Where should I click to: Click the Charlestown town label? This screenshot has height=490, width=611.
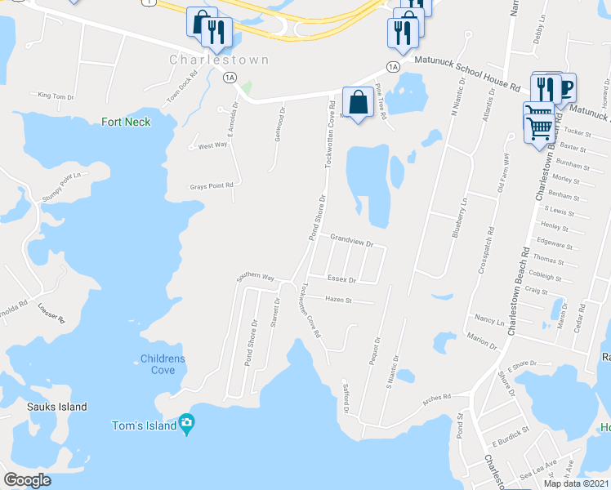(x=207, y=60)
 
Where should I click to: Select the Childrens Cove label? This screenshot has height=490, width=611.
(x=163, y=364)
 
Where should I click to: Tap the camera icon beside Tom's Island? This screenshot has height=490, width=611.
(x=188, y=425)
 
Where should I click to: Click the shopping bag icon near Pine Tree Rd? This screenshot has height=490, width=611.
(x=358, y=103)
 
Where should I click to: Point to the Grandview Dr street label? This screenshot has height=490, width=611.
(x=351, y=243)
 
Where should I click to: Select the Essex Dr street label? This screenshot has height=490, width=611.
(x=341, y=279)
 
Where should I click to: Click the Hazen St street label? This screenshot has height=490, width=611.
(x=337, y=300)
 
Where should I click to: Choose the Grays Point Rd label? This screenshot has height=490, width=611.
(x=212, y=185)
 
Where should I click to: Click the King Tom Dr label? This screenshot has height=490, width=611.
(x=56, y=96)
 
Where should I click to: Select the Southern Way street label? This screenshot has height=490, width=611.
(x=256, y=277)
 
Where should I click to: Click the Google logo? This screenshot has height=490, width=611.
(x=28, y=480)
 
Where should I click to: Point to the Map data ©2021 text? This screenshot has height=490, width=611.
(x=577, y=483)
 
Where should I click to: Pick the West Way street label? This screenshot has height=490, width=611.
(x=212, y=145)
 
